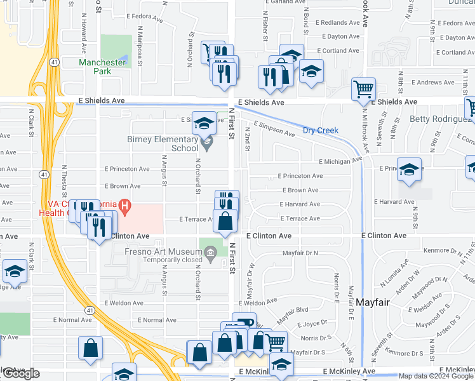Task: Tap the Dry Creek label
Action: tap(320, 130)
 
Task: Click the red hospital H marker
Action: tap(125, 206)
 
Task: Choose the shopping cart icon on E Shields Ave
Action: tap(363, 89)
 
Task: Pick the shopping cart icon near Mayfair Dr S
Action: tap(274, 342)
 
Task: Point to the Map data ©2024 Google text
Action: tap(436, 376)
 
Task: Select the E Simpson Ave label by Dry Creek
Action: tap(274, 129)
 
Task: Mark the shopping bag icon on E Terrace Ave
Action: tap(225, 222)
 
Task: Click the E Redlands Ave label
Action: tap(340, 23)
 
